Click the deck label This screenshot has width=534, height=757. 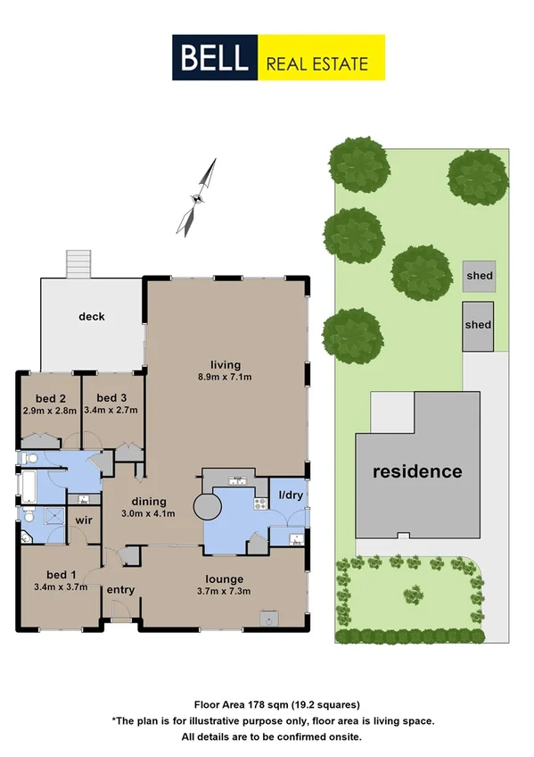pyautogui.click(x=92, y=316)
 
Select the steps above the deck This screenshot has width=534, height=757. pyautogui.click(x=79, y=263)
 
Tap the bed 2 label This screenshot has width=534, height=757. pyautogui.click(x=49, y=398)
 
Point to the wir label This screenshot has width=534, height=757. pyautogui.click(x=84, y=519)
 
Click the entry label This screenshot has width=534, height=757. pyautogui.click(x=119, y=589)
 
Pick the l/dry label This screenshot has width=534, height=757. pyautogui.click(x=290, y=494)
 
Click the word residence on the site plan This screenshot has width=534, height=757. pyautogui.click(x=417, y=471)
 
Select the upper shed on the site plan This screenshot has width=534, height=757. pyautogui.click(x=479, y=276)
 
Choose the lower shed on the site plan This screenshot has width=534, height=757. pyautogui.click(x=478, y=325)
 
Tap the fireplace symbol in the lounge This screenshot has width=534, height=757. pyautogui.click(x=267, y=617)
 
